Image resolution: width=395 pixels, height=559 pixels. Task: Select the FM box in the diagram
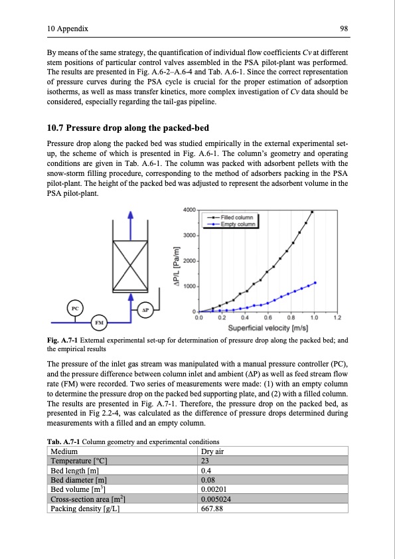tap(99, 323)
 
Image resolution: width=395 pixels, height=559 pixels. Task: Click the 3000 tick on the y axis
tap(190, 236)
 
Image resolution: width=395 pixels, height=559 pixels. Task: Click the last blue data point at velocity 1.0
tap(315, 282)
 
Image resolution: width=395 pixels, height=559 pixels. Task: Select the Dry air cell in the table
tap(212, 453)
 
